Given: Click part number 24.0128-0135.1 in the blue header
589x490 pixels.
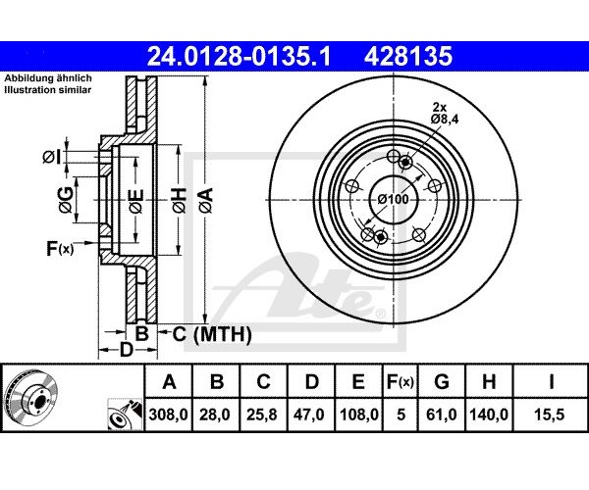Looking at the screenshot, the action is tap(239, 56).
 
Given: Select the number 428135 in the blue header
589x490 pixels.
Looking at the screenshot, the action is tap(408, 56).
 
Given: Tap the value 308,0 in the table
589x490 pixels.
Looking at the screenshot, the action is tap(168, 415).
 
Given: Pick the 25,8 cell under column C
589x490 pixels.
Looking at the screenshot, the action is tap(262, 415).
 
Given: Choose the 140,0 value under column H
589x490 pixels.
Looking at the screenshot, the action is tap(489, 415).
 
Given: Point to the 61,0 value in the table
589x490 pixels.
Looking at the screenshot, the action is tap(442, 415).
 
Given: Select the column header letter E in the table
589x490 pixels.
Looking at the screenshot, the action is tap(358, 382).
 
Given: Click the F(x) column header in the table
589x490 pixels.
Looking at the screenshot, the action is tap(401, 382).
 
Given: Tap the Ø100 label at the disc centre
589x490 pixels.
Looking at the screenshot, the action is tap(393, 199).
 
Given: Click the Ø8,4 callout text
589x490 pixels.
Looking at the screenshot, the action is tap(445, 120).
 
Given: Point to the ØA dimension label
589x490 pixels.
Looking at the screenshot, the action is tap(206, 201).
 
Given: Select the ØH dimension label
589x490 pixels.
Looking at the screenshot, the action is tap(180, 201).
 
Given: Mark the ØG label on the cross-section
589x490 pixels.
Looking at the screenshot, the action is tap(66, 200).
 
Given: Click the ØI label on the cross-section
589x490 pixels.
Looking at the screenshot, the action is tap(51, 157).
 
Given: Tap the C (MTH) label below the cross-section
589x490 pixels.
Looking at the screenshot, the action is tap(212, 333).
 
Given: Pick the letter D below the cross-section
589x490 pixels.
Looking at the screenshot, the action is tap(127, 350).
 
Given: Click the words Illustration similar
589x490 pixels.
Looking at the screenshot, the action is tap(48, 90).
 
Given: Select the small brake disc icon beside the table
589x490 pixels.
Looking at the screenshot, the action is tap(30, 397).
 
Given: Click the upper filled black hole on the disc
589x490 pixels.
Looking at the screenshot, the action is tap(404, 163).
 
